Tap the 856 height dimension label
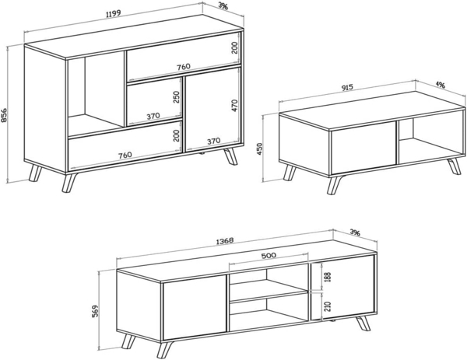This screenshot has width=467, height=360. [x=6, y=114]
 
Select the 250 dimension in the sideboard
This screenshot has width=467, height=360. [x=177, y=96]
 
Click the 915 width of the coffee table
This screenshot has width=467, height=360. [x=340, y=88]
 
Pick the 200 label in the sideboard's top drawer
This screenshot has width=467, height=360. [x=234, y=48]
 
